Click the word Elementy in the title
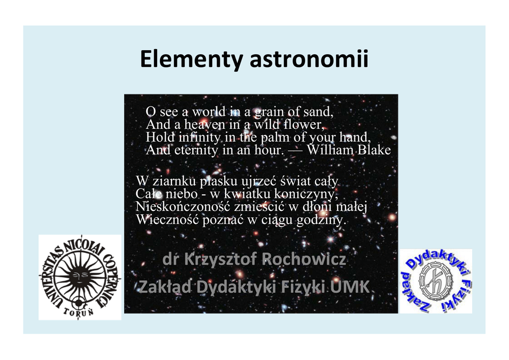[x=191, y=59]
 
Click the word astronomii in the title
[x=309, y=59]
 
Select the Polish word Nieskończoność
[x=183, y=207]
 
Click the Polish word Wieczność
[x=168, y=220]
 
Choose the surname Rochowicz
[x=304, y=259]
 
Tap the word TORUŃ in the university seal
[x=79, y=312]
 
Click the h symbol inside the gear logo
[x=435, y=281]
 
